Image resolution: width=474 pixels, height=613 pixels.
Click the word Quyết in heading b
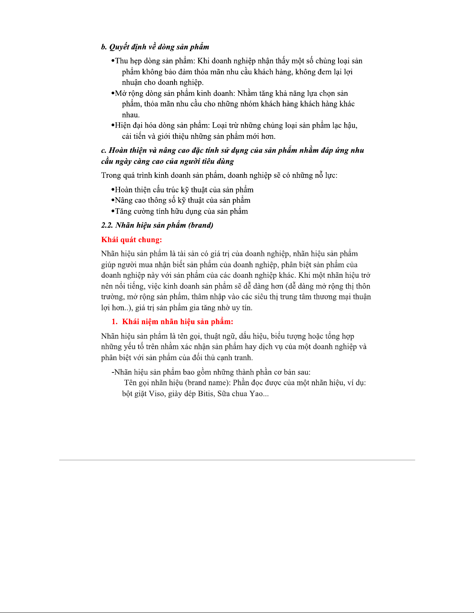(119, 47)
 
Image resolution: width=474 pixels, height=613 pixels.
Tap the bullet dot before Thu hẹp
(113, 61)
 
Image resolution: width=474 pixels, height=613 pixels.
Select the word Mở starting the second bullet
(120, 93)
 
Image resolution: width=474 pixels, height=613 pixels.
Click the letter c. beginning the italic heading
(104, 150)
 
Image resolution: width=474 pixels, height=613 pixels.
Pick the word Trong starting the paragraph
(111, 176)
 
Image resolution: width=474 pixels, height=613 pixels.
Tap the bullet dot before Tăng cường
(113, 212)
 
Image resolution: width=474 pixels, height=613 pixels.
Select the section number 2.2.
(107, 225)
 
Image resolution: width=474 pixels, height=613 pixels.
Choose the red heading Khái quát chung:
(132, 240)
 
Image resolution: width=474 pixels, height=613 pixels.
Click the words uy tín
(242, 308)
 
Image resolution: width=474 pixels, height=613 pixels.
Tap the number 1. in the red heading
(115, 322)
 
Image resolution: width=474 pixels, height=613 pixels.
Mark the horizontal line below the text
(237, 460)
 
